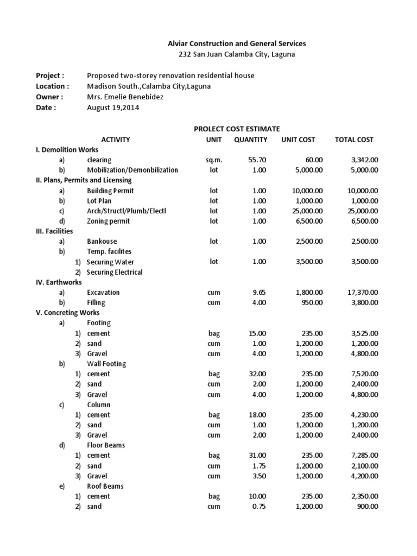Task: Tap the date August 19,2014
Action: pos(112,108)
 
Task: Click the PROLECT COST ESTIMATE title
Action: pos(237,129)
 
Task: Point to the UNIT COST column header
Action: pos(298,140)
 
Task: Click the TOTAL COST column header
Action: pos(354,140)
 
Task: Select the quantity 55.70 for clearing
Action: pos(257,160)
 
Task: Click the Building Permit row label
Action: pos(110,191)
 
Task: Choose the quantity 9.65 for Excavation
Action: pos(260,292)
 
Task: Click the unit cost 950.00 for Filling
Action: pos(312,302)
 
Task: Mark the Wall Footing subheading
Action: pos(106,364)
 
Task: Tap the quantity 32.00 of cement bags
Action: pos(257,374)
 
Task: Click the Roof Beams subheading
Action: pos(105,486)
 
